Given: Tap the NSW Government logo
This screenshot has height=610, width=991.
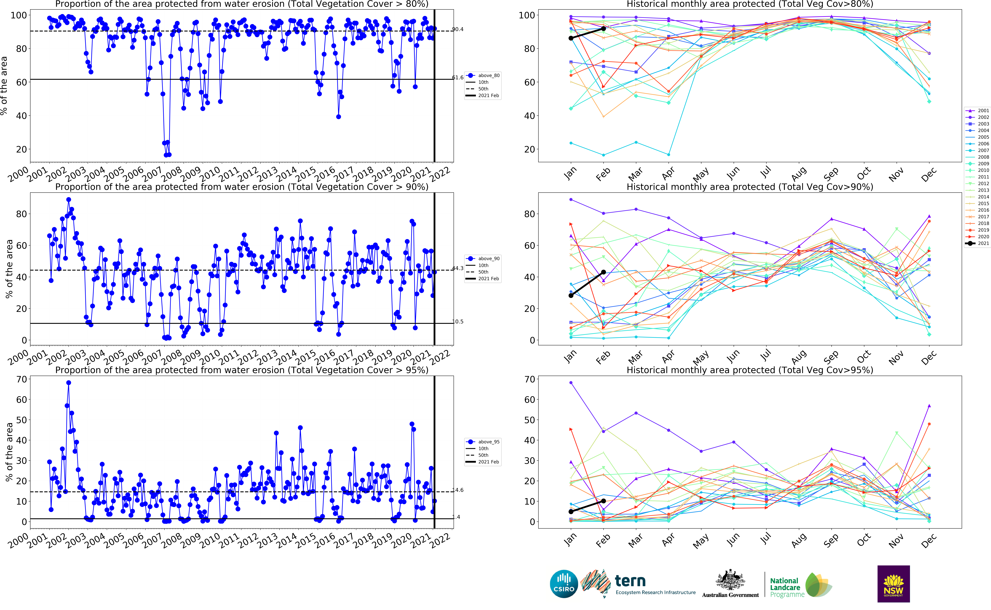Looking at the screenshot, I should [x=893, y=584].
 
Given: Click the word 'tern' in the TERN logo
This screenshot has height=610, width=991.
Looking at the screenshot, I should [x=630, y=581].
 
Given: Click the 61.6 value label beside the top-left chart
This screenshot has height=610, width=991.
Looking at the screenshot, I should [x=457, y=77].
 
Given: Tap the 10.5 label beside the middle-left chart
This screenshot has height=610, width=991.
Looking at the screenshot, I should [x=457, y=322].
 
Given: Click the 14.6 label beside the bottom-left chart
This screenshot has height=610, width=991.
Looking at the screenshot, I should [x=457, y=490].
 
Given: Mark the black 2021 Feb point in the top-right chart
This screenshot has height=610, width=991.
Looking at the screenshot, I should [x=603, y=29].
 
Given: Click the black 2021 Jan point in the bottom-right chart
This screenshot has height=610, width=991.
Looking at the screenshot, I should [x=571, y=512].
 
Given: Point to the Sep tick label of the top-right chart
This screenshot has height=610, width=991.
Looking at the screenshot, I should [x=831, y=174].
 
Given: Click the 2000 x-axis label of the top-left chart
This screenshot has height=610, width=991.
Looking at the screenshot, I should [x=18, y=175].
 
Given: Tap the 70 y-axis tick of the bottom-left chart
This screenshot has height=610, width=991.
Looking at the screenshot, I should [x=21, y=379].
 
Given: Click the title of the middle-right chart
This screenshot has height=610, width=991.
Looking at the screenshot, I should [x=750, y=187].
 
